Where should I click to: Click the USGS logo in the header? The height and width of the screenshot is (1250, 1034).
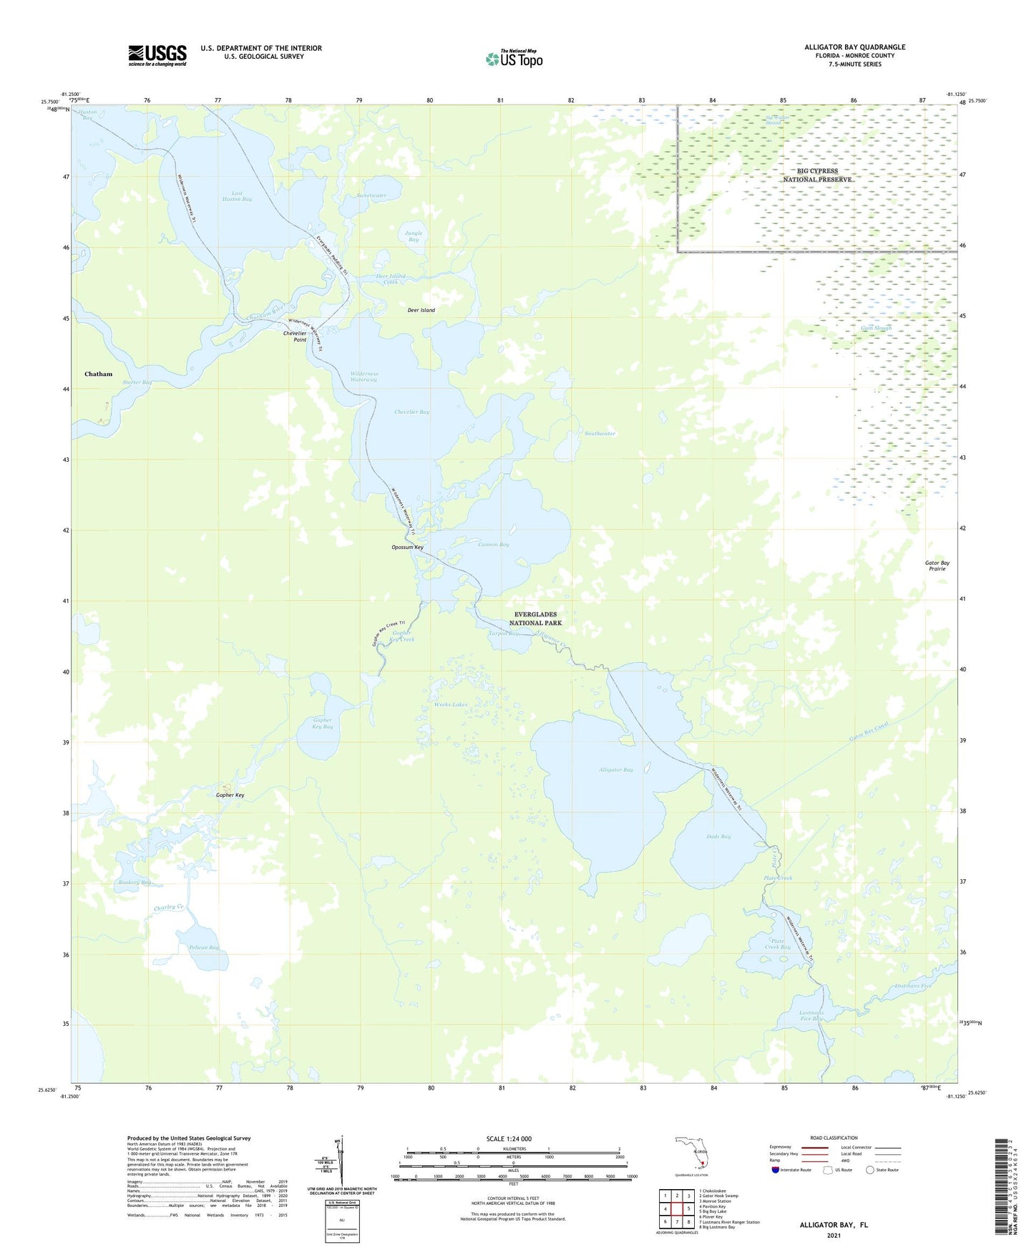(157, 55)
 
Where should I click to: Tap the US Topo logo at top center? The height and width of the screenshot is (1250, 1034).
(513, 58)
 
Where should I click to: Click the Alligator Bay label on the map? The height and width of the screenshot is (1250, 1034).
(615, 770)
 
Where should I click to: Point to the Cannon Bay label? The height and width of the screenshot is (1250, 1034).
(494, 545)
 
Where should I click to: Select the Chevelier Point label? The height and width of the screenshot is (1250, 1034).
(295, 336)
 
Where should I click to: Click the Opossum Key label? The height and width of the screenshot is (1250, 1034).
(407, 548)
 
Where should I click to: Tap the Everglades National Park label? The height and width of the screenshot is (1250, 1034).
(538, 619)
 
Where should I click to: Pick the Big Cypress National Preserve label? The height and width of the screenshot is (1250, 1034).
(817, 175)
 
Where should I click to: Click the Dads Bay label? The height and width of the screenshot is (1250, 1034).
(718, 836)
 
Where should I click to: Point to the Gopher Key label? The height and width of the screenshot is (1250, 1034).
(230, 795)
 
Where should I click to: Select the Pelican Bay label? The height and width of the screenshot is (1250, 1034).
(204, 947)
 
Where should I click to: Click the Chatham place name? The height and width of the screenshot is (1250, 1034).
(99, 374)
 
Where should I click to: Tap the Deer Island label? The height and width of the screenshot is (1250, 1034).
(421, 310)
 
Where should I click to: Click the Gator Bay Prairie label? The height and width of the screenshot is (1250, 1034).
(937, 566)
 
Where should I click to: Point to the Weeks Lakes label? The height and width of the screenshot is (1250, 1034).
(450, 704)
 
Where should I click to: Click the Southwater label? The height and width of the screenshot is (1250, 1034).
(600, 434)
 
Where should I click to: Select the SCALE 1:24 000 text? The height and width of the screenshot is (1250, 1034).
(509, 1138)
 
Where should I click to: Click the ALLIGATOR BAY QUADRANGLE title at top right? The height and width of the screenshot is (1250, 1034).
(854, 47)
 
